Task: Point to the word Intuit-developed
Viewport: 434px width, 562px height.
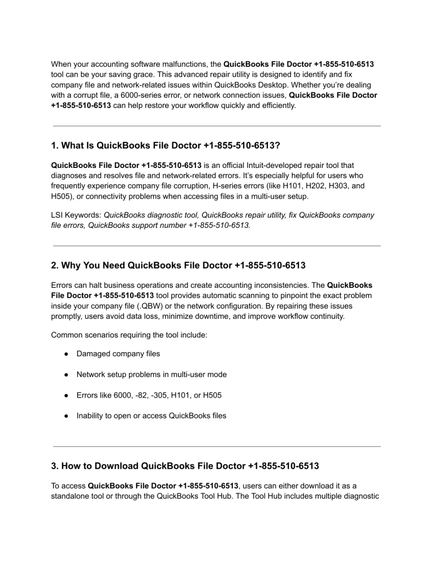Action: pos(278,166)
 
